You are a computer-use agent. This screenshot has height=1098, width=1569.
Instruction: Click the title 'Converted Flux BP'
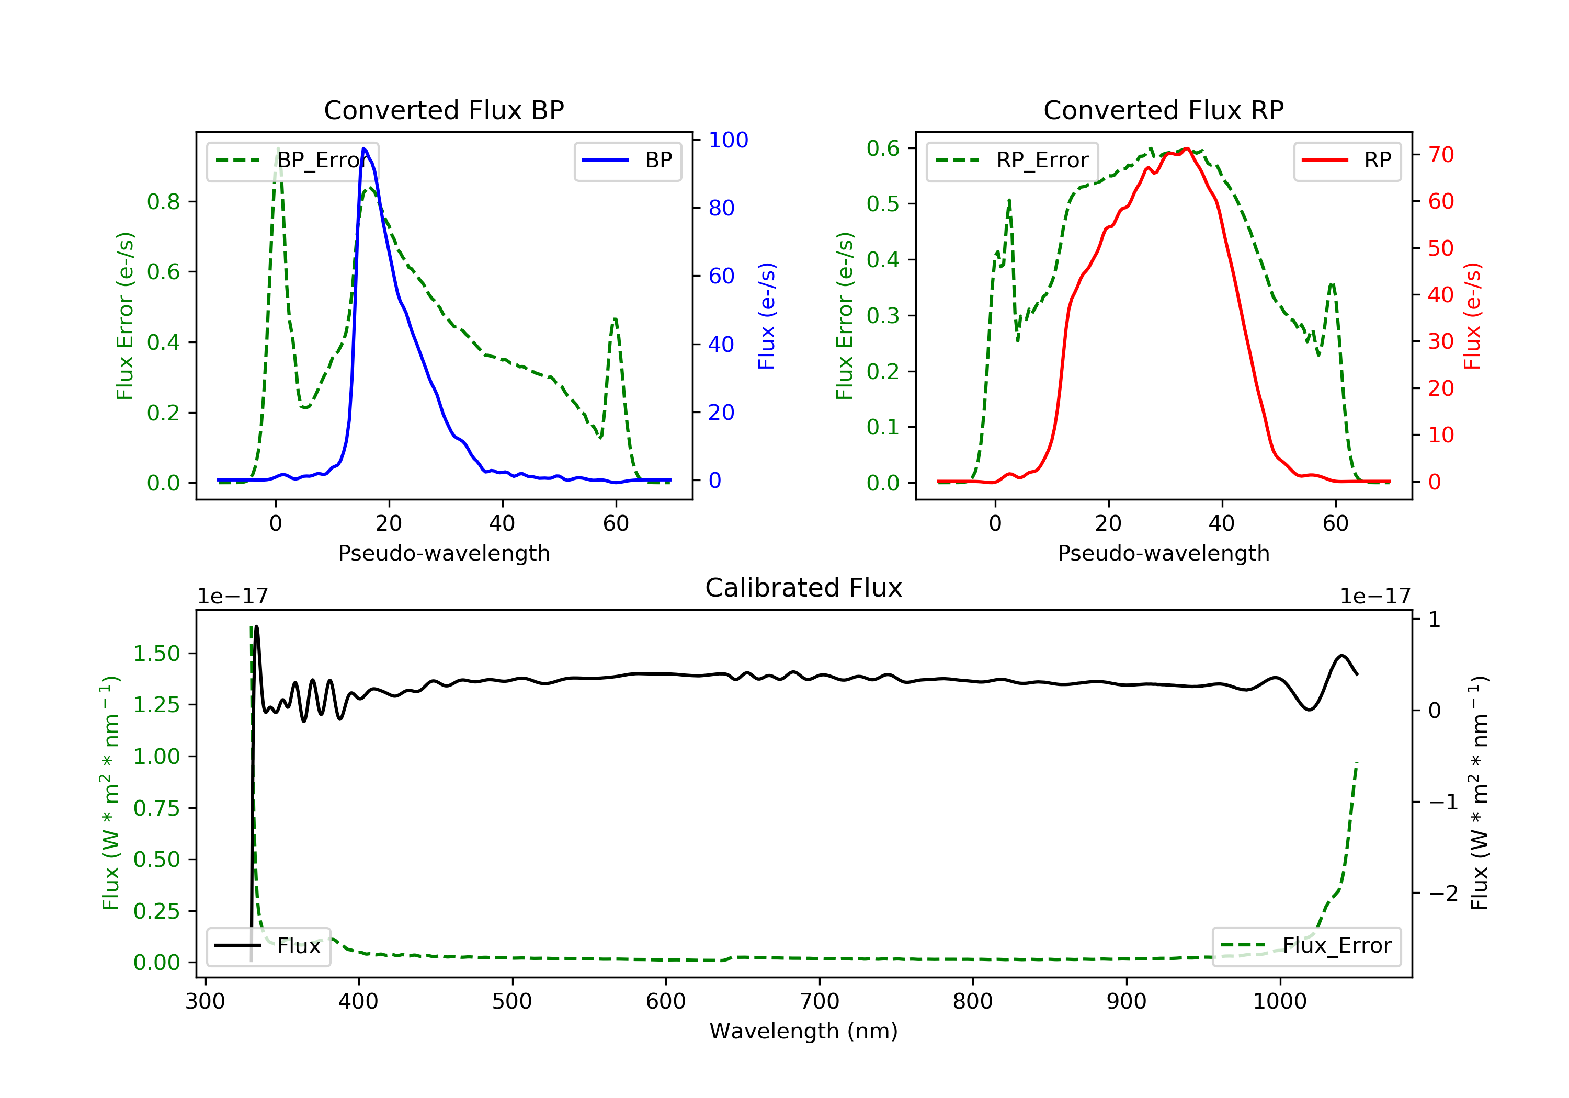coord(444,110)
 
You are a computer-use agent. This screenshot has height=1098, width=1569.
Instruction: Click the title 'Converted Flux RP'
coord(1163,110)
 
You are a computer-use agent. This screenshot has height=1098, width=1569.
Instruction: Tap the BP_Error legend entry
coord(292,161)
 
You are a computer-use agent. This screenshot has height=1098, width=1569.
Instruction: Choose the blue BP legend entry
coord(627,161)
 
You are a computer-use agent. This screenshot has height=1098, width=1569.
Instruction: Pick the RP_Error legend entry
coord(1012,161)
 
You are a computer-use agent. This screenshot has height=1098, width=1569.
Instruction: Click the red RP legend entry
coord(1347,161)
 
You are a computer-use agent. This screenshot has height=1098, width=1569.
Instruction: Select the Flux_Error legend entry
coord(1306,946)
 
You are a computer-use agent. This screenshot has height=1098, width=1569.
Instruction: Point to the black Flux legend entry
coord(269,946)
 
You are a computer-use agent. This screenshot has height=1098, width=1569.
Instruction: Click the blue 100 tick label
coord(728,140)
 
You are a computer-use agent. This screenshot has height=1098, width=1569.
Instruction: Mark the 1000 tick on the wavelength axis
coord(1279,1002)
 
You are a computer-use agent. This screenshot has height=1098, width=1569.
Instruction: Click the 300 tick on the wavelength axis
coord(205,1002)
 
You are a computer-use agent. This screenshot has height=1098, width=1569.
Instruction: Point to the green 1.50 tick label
coord(156,654)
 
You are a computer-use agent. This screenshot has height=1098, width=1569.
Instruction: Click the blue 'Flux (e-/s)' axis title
coord(767,316)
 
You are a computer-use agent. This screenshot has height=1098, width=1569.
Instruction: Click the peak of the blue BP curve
coord(363,148)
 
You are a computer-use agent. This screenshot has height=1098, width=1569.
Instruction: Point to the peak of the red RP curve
coord(1187,148)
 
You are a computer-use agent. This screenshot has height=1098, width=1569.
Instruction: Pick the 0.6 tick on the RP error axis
coord(882,148)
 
